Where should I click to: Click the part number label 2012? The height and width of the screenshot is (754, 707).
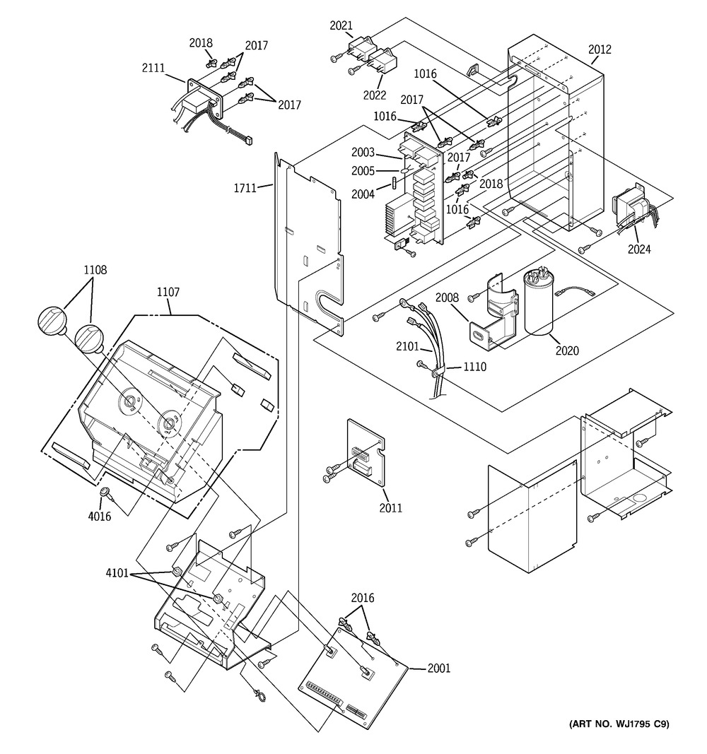click(600, 49)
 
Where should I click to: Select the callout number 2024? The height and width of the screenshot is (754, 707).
click(639, 249)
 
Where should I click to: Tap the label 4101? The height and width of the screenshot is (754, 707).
click(117, 573)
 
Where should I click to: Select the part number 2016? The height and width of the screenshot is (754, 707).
click(362, 599)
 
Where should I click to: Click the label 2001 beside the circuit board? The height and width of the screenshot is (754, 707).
click(438, 668)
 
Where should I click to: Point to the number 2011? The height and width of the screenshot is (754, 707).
click(390, 507)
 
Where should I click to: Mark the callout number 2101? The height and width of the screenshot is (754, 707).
click(409, 347)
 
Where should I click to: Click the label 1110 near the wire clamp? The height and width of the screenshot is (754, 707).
click(474, 367)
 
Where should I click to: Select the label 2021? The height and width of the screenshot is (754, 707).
click(341, 26)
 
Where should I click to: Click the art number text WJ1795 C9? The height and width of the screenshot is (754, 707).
click(619, 723)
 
